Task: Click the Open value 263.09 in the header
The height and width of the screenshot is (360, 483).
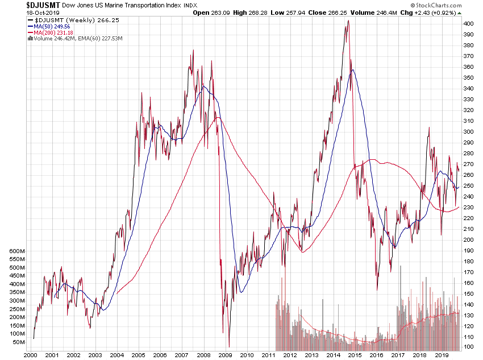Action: pos(221,12)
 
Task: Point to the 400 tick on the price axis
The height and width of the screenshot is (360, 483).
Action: pos(468,24)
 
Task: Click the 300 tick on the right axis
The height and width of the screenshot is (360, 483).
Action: pos(468,131)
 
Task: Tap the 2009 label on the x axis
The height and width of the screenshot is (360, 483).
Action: pos(225,354)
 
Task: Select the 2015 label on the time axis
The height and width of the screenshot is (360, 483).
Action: pos(355,354)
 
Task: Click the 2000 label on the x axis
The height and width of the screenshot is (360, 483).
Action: pos(30,354)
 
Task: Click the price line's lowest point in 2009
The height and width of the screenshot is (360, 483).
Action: pos(229,346)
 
